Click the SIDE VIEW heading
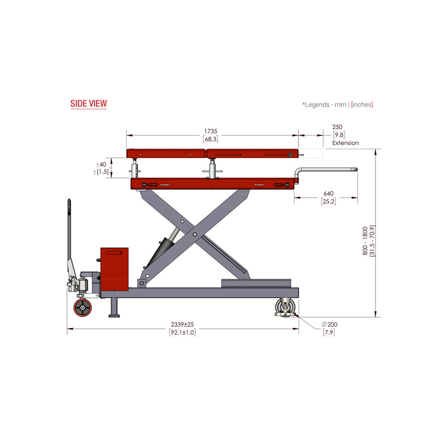[x=88, y=103]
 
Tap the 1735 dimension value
[x=211, y=132]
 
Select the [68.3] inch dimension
[x=211, y=139]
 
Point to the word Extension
[x=345, y=143]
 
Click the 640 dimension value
[x=328, y=194]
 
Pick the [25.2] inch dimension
[x=328, y=201]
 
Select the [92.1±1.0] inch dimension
[x=182, y=333]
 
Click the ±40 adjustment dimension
[x=102, y=164]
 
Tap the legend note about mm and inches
[x=337, y=104]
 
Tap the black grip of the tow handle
[x=69, y=209]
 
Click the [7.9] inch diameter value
[x=330, y=333]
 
